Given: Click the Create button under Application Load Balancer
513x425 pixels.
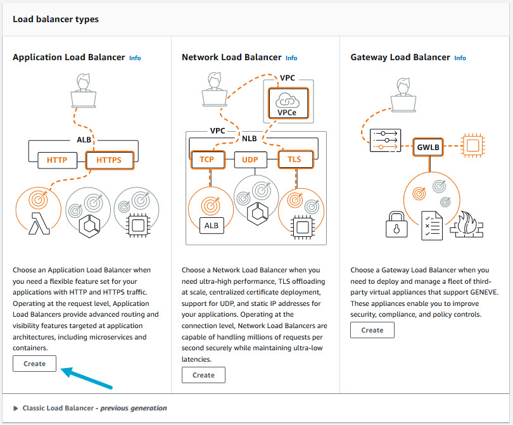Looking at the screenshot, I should [34, 364].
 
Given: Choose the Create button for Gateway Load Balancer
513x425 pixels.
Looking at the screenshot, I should [372, 330].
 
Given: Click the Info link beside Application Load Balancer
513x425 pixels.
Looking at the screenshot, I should [135, 58].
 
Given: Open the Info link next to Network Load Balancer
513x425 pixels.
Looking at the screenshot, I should [291, 58].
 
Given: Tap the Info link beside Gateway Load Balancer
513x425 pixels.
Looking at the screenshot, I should [460, 58].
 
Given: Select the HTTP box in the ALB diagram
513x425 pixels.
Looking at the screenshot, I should [57, 160].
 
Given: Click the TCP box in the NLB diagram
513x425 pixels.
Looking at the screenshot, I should [206, 160].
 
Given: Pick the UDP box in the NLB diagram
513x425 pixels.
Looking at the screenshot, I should [250, 160].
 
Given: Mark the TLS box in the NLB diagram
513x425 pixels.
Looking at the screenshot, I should [294, 160].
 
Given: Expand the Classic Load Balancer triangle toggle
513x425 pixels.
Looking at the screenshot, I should [16, 409].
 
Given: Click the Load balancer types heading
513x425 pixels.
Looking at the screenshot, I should [56, 20].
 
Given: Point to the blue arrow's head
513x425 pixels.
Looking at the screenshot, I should [64, 371].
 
